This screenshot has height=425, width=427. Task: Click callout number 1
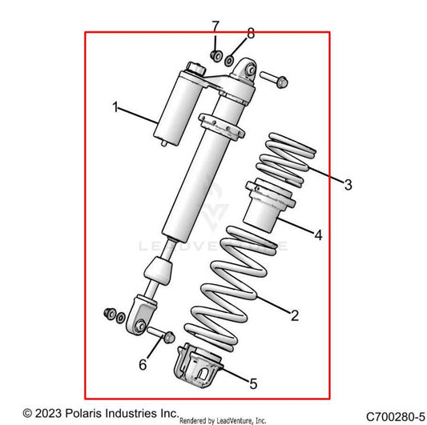[x=116, y=106]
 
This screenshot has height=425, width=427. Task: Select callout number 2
[x=295, y=315]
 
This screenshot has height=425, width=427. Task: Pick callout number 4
[x=318, y=235]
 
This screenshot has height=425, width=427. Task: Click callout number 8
[x=250, y=34]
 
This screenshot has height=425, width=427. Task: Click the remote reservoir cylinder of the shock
[x=175, y=106]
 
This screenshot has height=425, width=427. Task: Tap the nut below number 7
[x=215, y=55]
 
